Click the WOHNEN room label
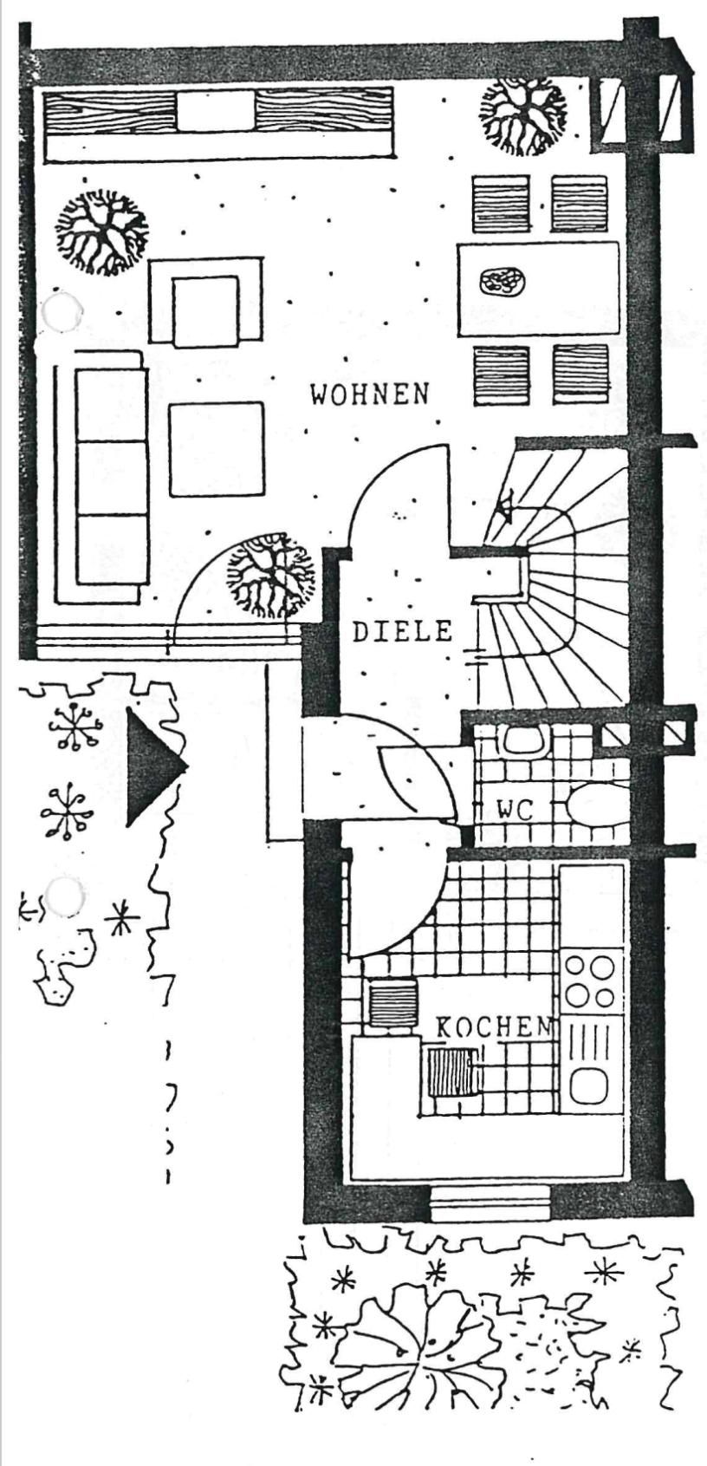pyautogui.click(x=370, y=394)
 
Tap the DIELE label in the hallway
pyautogui.click(x=403, y=631)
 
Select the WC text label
pyautogui.click(x=516, y=811)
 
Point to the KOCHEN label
pyautogui.click(x=493, y=1028)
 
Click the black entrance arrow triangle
pyautogui.click(x=153, y=766)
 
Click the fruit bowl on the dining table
pyautogui.click(x=503, y=281)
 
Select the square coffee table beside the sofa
pyautogui.click(x=216, y=448)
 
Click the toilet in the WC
pyautogui.click(x=598, y=804)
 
